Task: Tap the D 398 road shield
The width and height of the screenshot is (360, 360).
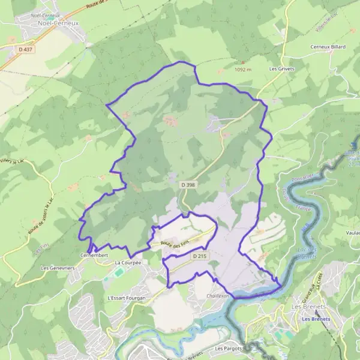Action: [x=187, y=186]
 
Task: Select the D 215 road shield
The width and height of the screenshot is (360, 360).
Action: [x=200, y=256]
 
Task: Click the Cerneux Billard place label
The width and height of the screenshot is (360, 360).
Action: [x=328, y=47]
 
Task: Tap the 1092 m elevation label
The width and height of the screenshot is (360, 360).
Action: [x=244, y=70]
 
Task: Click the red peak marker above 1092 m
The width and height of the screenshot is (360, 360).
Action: [x=243, y=62]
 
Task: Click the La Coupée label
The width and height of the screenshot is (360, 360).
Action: [x=127, y=263]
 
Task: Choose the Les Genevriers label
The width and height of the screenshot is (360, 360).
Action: [x=58, y=268]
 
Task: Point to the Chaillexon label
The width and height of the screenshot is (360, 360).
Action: [x=218, y=296]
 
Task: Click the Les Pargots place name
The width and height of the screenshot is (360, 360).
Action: [x=227, y=349]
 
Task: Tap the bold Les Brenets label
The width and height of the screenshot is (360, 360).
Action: [x=315, y=319]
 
